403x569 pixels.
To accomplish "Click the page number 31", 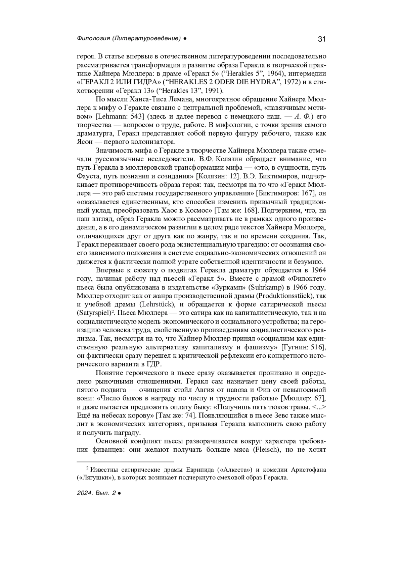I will tap(321, 39).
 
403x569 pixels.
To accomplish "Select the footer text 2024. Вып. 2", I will tap(96, 493).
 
